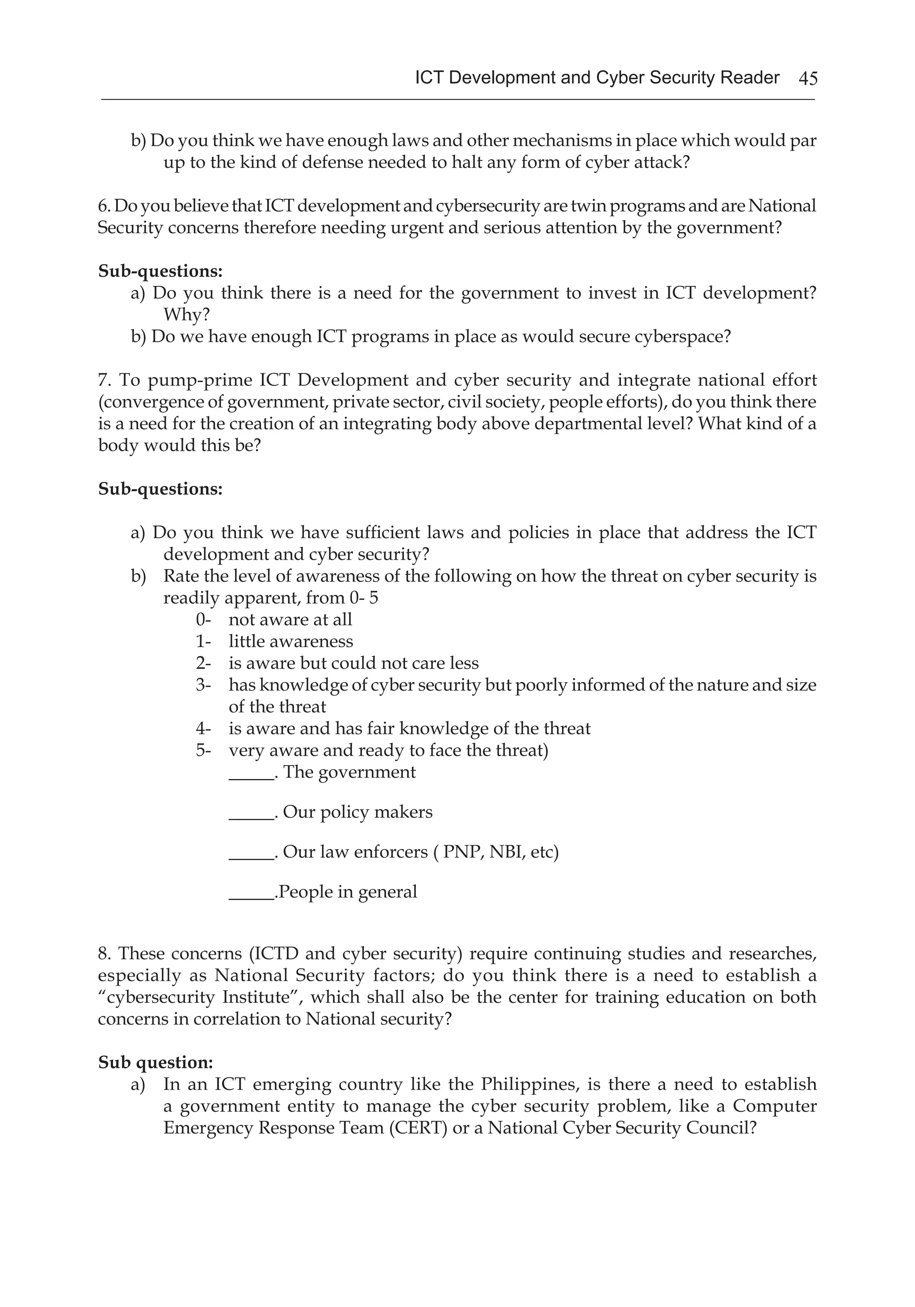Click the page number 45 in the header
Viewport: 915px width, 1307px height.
pos(808,78)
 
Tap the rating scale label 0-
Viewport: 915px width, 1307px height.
pos(203,620)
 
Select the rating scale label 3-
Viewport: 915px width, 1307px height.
pos(203,685)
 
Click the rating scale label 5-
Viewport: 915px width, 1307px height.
pos(203,750)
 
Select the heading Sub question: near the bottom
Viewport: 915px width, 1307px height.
pos(155,1062)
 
